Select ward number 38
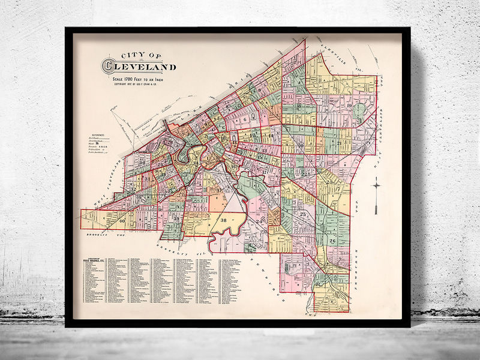(224, 220)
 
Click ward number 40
(122, 221)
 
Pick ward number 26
(332, 241)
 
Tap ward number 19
(349, 106)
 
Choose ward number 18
(298, 106)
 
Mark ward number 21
(339, 143)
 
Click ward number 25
(303, 215)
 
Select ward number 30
(142, 163)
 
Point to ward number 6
(245, 119)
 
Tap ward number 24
(259, 222)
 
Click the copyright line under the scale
(134, 84)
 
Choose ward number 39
(176, 219)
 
